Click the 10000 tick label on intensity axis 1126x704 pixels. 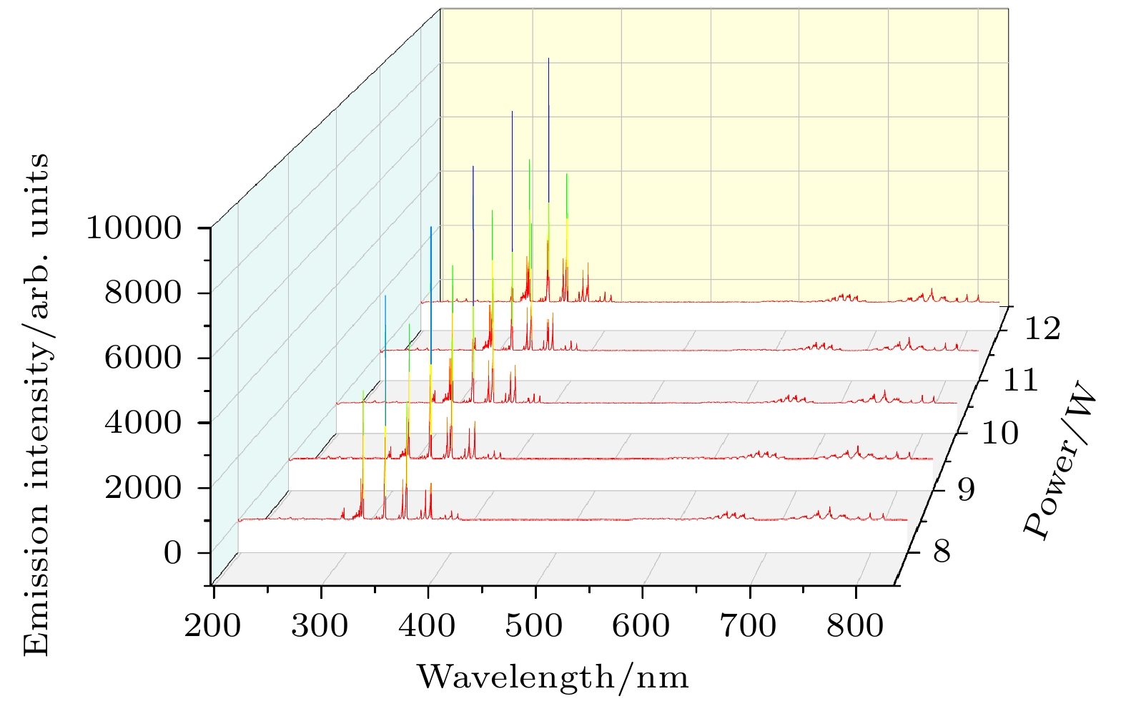pos(134,228)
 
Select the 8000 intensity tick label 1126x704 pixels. pos(143,293)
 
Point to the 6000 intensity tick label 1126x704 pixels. pos(143,358)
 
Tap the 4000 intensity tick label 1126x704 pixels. pos(143,422)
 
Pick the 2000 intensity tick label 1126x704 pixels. pos(143,488)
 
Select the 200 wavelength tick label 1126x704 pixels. pos(213,626)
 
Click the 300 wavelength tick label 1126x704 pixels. pos(320,626)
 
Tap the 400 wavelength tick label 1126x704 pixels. pos(427,626)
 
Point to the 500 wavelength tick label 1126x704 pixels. pos(534,626)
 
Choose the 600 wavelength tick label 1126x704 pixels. pos(641,626)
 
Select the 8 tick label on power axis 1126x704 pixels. pos(942,552)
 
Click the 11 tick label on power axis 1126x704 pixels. pos(1020,380)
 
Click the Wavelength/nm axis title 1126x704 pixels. pos(553,677)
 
